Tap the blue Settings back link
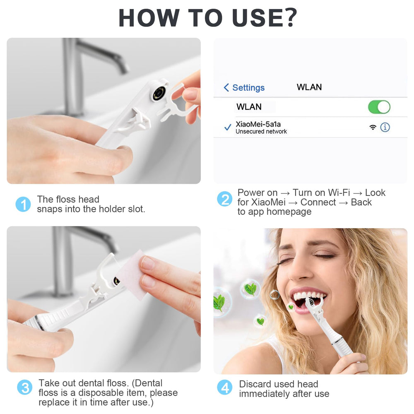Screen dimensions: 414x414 pos(244,88)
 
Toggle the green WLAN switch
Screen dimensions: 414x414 pos(379,107)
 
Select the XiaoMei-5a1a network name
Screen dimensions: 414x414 pos(258,124)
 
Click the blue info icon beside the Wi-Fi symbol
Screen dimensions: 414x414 pos(385,127)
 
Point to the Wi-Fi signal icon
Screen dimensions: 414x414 pos(373,127)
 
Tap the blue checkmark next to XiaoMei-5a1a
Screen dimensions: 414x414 pos(228,128)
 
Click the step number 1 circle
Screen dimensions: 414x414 pos(23,204)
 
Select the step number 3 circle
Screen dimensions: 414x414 pos(24,388)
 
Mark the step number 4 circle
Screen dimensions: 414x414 pos(225,388)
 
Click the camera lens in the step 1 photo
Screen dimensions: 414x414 pos(159,93)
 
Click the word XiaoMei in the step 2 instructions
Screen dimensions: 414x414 pos(268,202)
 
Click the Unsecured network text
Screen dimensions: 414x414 pos(261,132)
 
